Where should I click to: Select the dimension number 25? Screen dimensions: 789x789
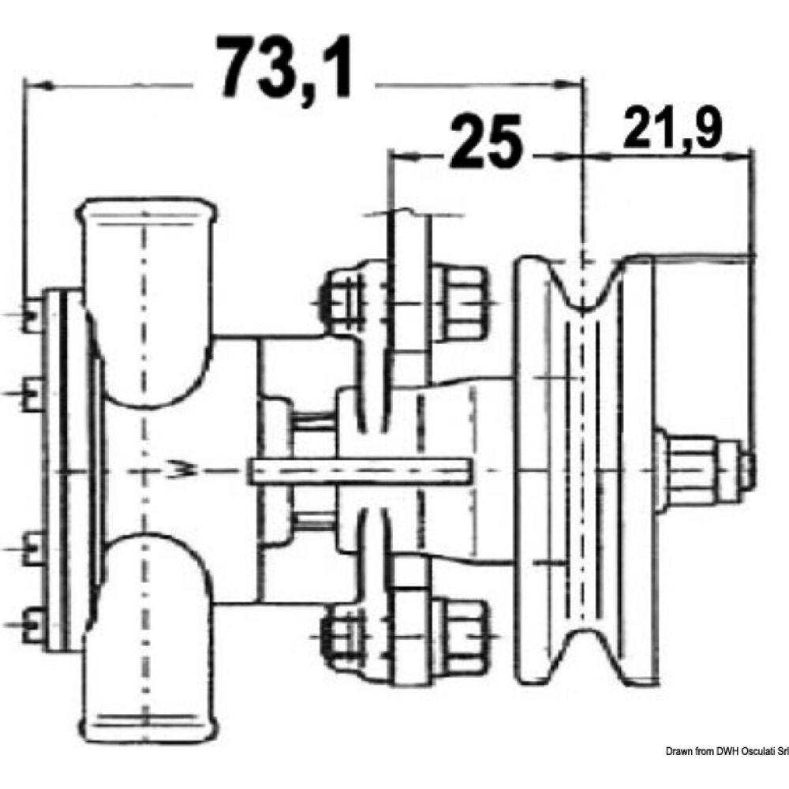point(488,142)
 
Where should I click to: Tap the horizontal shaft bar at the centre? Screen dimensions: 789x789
point(359,472)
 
